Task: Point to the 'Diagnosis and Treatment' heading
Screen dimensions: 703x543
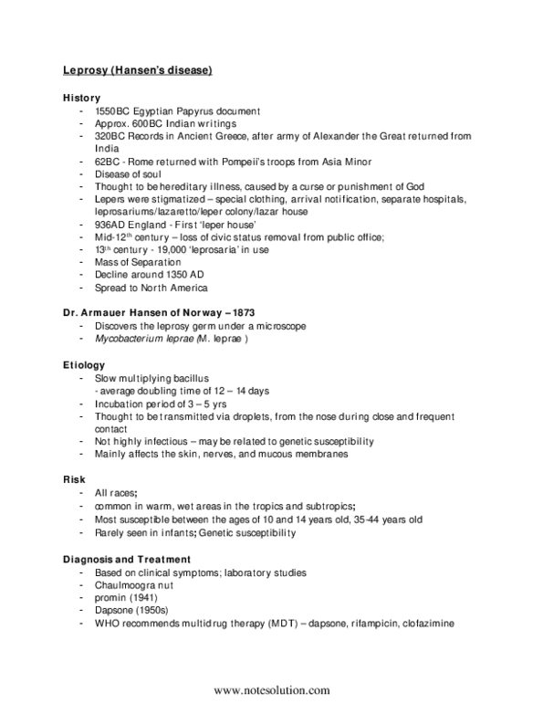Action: [126, 559]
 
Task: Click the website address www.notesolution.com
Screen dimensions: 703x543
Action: [271, 690]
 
